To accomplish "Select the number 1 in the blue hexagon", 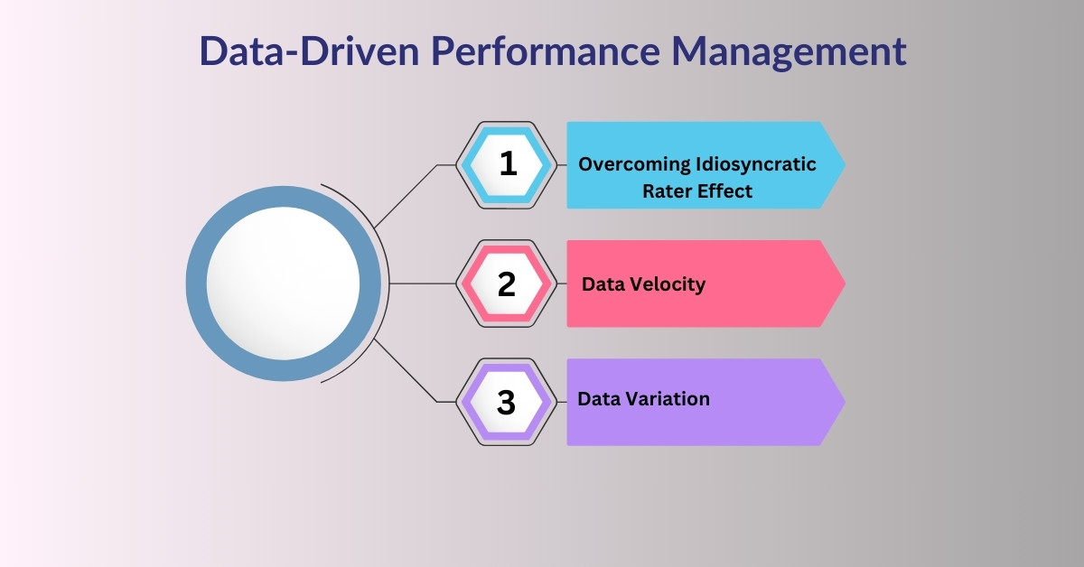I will point(508,163).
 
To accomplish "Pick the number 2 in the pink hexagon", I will point(507,283).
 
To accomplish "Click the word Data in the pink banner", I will point(602,284).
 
